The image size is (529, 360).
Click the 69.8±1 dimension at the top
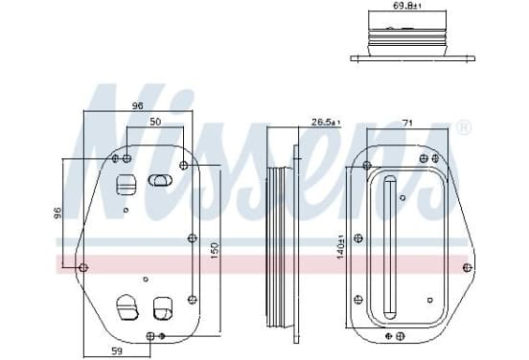pos(406,6)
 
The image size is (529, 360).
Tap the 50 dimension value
pos(155,122)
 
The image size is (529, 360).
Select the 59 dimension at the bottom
pos(117,351)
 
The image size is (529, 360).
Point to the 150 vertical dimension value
pos(215,251)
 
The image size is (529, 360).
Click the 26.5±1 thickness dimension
pos(326,123)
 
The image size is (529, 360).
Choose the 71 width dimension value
pos(408,123)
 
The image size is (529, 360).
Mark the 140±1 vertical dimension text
pos(340,247)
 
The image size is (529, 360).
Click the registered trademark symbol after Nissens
pos(464,127)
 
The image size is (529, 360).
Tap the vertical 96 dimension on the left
pos(58,213)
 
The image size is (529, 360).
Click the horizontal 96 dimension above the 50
pos(137,106)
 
